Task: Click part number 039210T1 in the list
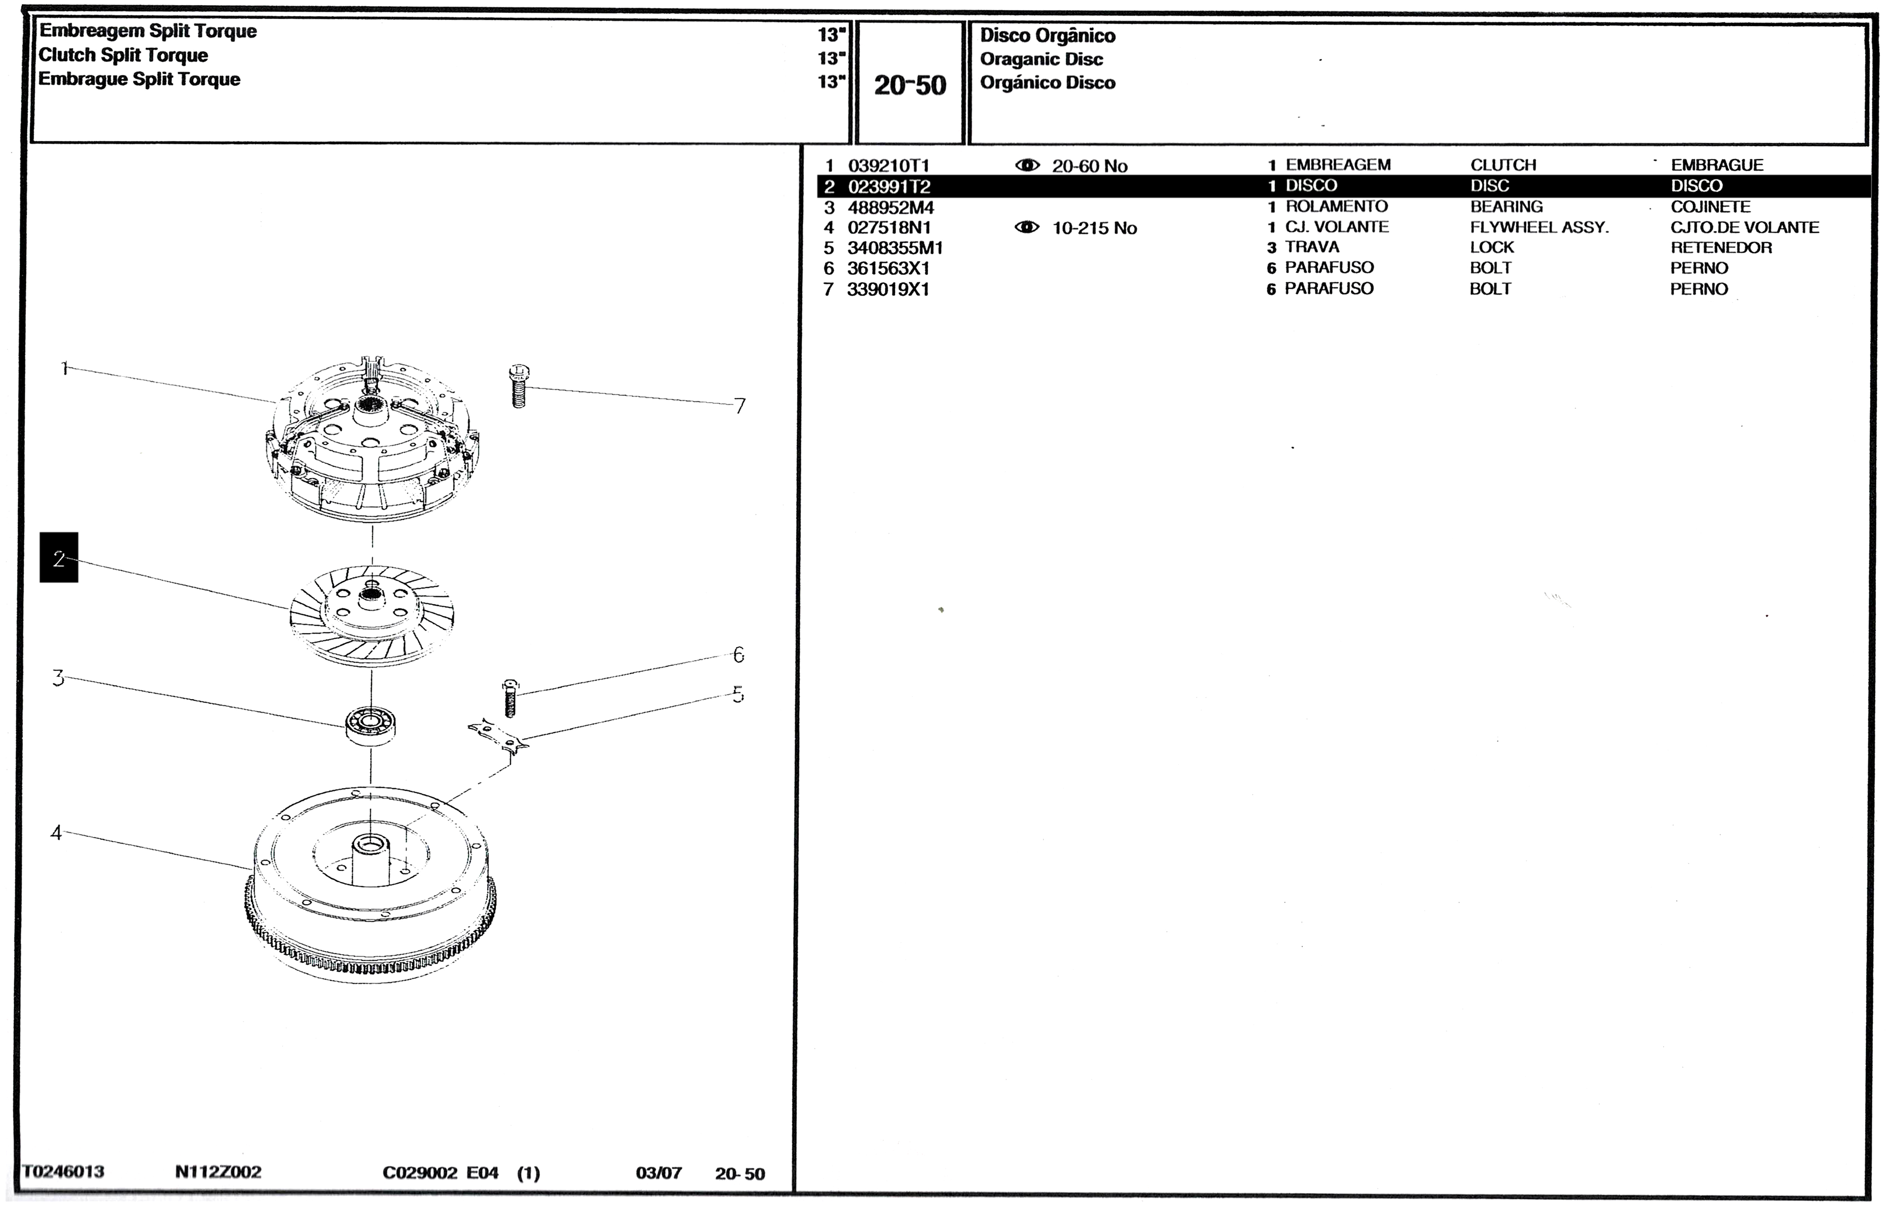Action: pos(888,166)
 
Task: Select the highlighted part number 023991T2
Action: pos(889,186)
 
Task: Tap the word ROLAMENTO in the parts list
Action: pos(1336,207)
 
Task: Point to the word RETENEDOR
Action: pos(1721,248)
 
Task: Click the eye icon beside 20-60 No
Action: pos(1027,165)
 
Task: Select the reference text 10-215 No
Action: pos(1094,228)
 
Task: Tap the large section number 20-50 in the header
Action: pos(910,85)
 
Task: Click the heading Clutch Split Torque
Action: pos(123,55)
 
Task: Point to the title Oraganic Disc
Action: pos(1040,59)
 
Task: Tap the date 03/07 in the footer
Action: pos(658,1173)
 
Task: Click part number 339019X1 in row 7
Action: pos(888,289)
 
